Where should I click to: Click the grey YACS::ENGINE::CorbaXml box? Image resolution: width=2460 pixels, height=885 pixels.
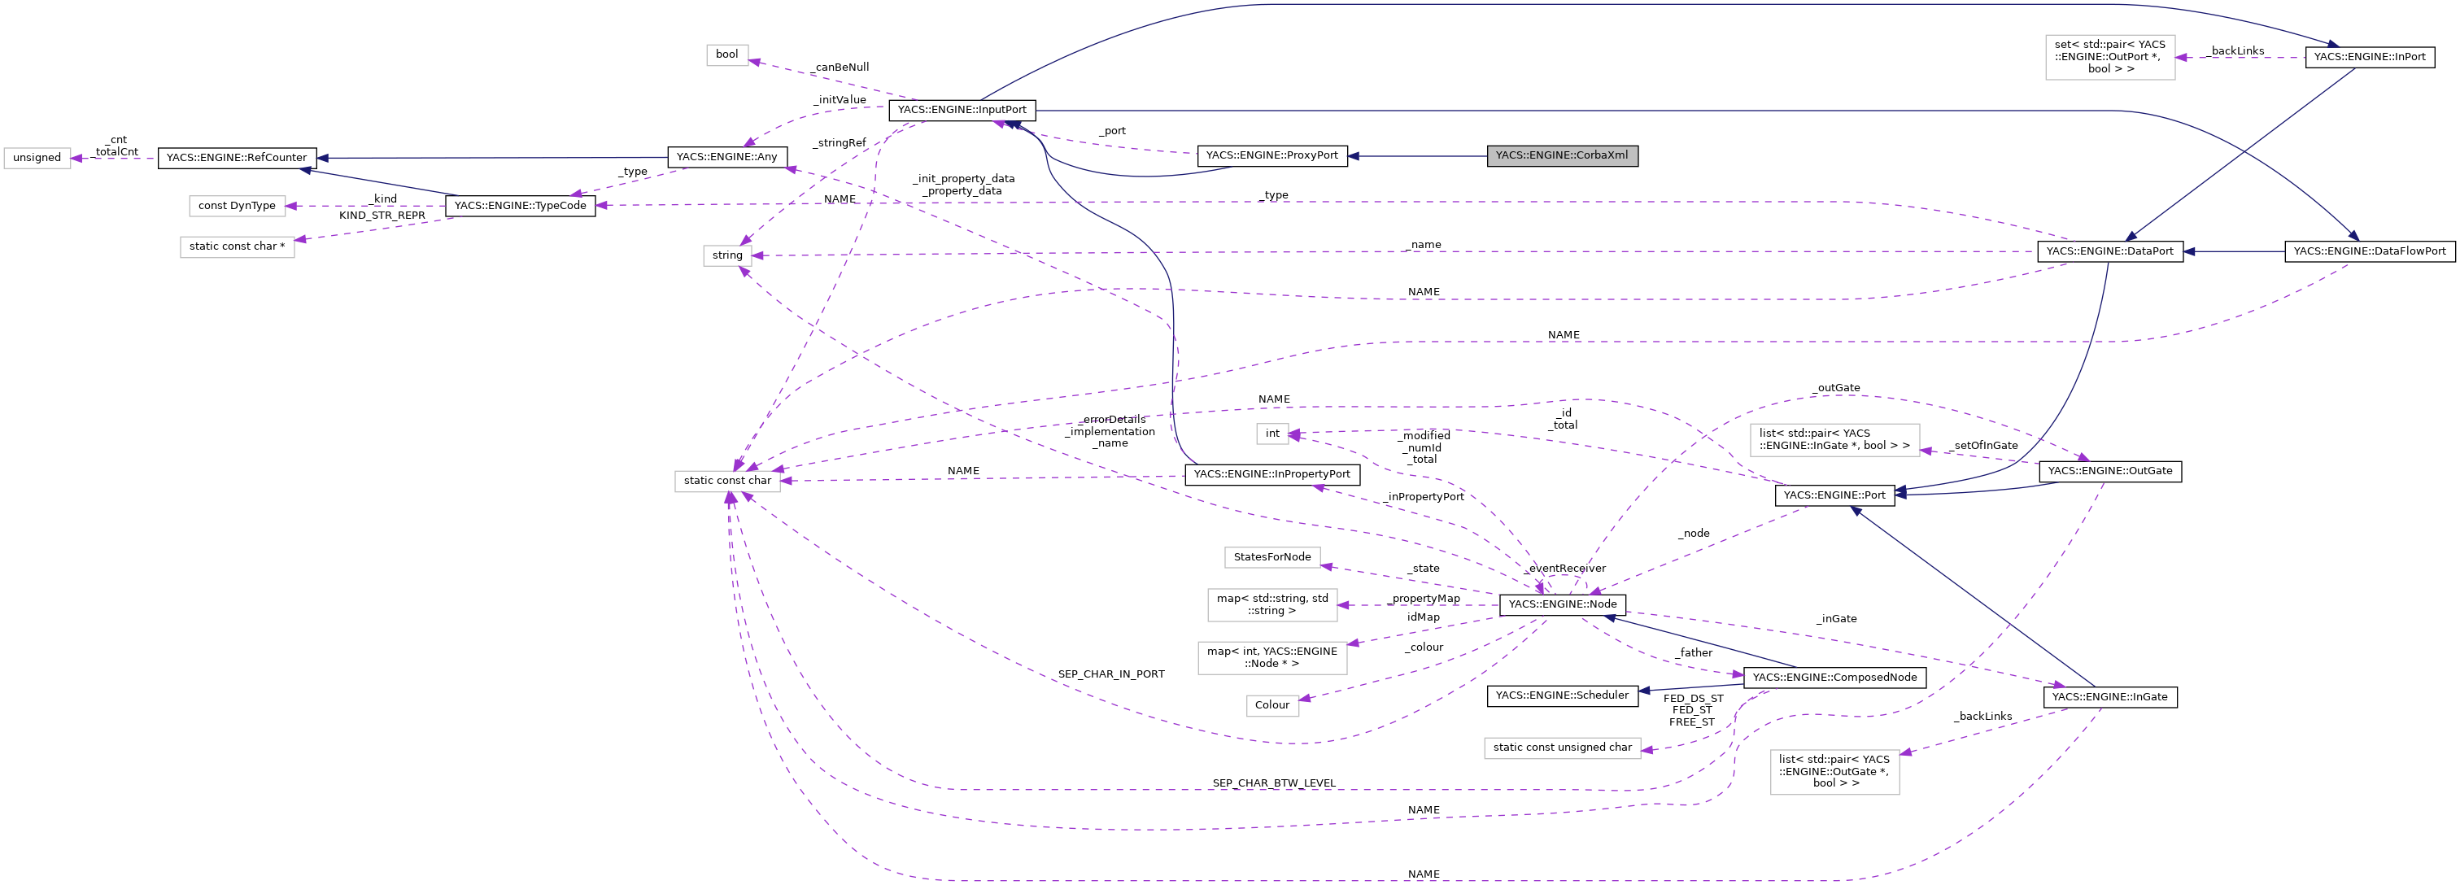click(x=1561, y=155)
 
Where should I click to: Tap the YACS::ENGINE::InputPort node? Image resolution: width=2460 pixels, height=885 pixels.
click(x=962, y=110)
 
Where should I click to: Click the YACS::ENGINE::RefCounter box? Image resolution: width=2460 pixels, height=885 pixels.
click(x=237, y=158)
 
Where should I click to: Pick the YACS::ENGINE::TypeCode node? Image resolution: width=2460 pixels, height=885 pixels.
click(x=520, y=205)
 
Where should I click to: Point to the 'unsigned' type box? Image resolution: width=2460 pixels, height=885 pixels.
click(x=37, y=158)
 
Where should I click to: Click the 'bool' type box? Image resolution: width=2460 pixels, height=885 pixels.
click(x=726, y=54)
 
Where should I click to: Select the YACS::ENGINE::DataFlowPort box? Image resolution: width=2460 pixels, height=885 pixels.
click(x=2369, y=251)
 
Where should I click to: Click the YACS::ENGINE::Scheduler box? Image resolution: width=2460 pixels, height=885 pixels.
click(x=1561, y=695)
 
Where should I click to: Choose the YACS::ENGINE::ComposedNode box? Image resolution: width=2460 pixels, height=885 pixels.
click(x=1834, y=677)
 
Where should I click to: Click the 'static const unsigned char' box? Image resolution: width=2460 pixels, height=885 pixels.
click(x=1561, y=748)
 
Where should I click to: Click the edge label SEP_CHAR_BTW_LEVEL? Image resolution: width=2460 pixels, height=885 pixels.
click(x=1273, y=783)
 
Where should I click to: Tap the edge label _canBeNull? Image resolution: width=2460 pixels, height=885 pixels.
click(x=841, y=68)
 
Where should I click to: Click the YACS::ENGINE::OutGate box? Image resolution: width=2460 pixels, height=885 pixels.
click(x=2109, y=471)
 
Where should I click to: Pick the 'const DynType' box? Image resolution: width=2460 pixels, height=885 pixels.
click(x=237, y=205)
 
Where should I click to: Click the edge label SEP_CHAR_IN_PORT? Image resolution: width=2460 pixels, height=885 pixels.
click(x=1110, y=674)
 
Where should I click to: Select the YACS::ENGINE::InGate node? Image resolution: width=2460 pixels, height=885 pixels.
click(x=2109, y=697)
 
